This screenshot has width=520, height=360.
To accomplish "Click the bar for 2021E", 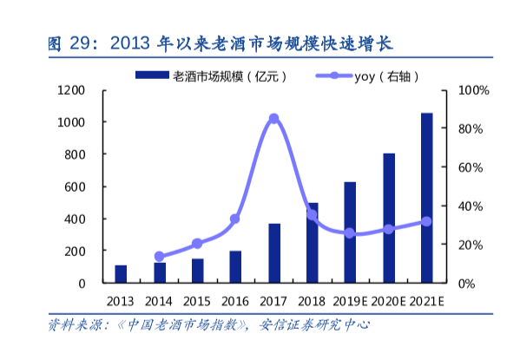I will (x=426, y=198).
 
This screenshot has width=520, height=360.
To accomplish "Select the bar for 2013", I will (x=121, y=274).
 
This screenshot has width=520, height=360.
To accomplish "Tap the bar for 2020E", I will (x=389, y=218).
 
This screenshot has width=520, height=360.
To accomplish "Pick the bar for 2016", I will (x=235, y=267).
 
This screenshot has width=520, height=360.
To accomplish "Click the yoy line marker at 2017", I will (x=273, y=118).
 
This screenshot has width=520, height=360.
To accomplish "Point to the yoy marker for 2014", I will (x=159, y=257).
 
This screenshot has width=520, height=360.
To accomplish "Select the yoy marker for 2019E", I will (x=350, y=233).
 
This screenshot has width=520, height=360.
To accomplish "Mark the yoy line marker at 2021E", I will (x=426, y=221).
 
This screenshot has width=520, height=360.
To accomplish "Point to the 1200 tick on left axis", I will (x=70, y=90).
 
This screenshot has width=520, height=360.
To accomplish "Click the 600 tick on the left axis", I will (x=73, y=187).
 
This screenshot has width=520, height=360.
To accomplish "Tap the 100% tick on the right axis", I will (x=473, y=90).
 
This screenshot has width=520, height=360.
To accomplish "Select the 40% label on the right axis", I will (x=471, y=206).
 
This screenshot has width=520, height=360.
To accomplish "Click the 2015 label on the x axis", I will (x=197, y=301).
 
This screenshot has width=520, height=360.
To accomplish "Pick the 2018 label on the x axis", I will (x=312, y=301).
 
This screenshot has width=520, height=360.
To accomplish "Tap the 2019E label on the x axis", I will (x=350, y=301).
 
